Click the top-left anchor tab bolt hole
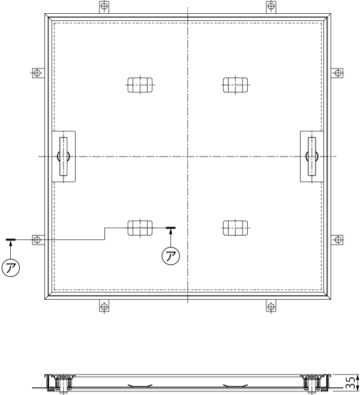104,5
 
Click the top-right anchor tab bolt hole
271,5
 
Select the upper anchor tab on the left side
38,73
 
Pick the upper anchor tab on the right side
337,73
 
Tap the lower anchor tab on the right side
337,239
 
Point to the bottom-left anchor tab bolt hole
104,307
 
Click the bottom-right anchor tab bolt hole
271,307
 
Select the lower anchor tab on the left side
38,239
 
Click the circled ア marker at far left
11,268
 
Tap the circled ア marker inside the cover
170,256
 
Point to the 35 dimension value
351,383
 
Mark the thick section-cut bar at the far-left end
11,240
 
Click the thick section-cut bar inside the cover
170,228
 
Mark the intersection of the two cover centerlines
188,156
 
